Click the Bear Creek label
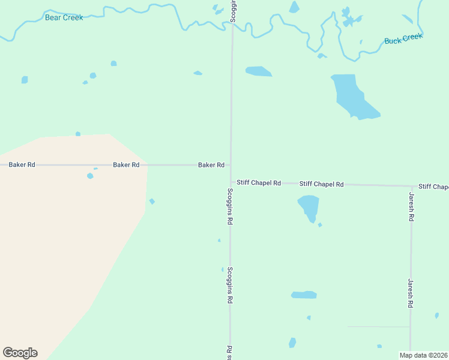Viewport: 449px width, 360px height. click(x=64, y=17)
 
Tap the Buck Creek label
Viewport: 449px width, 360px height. click(x=403, y=39)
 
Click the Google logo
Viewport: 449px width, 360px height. click(x=20, y=353)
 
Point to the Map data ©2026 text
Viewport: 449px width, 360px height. click(x=423, y=355)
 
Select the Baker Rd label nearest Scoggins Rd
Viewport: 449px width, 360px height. click(x=211, y=164)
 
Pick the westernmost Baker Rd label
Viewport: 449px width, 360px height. click(x=22, y=164)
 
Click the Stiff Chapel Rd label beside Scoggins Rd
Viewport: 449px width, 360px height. click(x=259, y=182)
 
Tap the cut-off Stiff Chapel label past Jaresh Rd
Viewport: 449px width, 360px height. click(x=433, y=187)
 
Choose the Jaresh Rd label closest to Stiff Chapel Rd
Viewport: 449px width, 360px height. click(x=412, y=208)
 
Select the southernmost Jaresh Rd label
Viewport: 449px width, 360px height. click(x=411, y=294)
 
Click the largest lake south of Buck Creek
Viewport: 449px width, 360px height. click(x=352, y=97)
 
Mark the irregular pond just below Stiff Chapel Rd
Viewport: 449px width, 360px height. click(x=309, y=207)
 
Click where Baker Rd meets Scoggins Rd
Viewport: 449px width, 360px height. click(x=231, y=164)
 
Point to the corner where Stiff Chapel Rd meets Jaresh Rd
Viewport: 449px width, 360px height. click(x=412, y=186)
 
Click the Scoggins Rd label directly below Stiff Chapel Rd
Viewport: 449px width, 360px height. click(x=230, y=206)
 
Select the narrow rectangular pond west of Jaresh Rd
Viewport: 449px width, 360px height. click(x=304, y=295)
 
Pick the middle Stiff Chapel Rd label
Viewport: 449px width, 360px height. click(x=322, y=184)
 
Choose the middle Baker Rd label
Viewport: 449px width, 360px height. click(x=126, y=164)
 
